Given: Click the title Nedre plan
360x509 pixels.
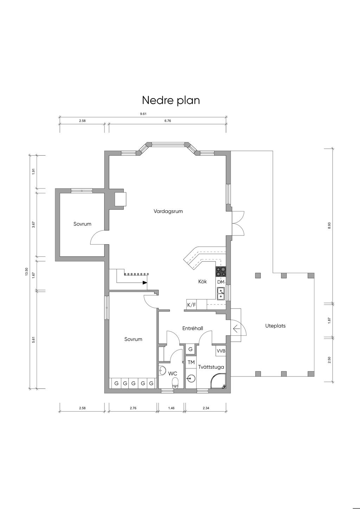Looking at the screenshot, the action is coord(171,101).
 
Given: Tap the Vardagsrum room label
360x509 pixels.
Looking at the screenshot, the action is coord(168,211).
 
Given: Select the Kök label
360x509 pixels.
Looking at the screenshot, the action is coord(202,282).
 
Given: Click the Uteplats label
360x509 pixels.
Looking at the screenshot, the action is coord(275,326).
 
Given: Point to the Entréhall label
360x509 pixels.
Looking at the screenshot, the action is coord(193,328).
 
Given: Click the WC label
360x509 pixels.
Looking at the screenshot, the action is coord(173,374).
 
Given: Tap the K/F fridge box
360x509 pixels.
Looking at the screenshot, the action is coord(191,305).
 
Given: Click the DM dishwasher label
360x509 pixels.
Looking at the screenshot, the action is coord(221,282).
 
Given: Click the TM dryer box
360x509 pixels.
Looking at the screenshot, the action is coord(191,362).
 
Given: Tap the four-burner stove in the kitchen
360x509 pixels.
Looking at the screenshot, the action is coord(221,271).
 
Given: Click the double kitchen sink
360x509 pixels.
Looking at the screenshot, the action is coord(221,294).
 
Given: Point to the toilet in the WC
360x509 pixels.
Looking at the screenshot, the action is coord(175,383).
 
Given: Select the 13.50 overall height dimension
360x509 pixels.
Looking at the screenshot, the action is coord(26,272).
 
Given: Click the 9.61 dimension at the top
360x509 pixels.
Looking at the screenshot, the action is coord(143,114).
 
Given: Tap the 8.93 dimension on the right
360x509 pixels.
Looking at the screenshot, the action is coord(329,225).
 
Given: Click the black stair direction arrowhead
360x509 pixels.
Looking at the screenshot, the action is coord(145,283).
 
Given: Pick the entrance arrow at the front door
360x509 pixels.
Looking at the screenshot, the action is coord(236,329).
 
